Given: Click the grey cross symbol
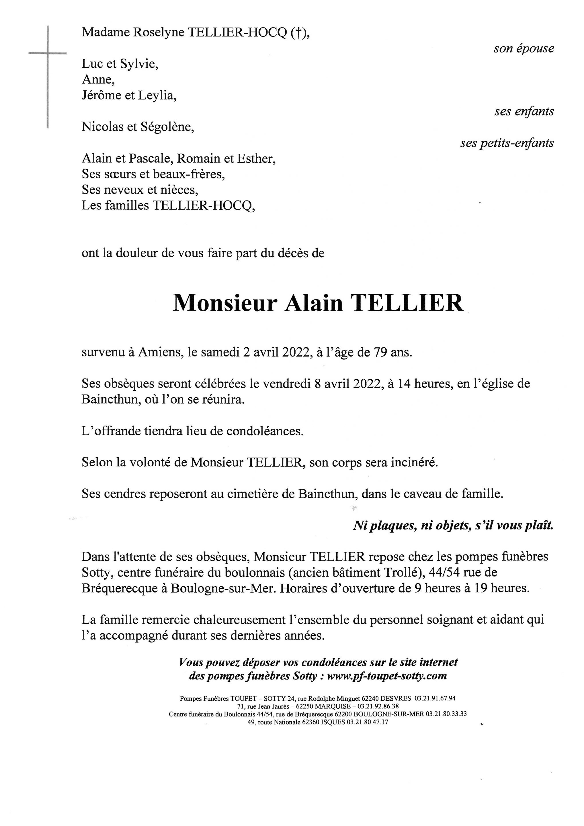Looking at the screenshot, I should [48, 54].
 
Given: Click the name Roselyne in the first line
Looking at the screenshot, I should [159, 33].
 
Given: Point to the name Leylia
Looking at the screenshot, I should [157, 96].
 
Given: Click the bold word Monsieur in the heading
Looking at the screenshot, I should [225, 304].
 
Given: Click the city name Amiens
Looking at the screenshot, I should [160, 352].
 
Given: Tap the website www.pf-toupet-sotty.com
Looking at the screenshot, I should [387, 676].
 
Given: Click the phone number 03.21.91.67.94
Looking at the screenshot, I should [435, 699].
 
